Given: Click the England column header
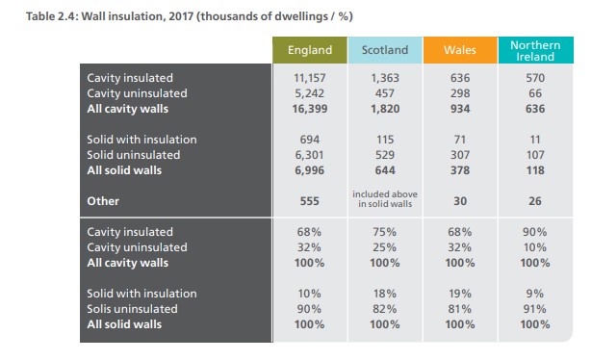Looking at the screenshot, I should [310, 50].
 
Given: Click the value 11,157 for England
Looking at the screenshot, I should [310, 76].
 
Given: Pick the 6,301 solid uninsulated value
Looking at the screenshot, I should [310, 155].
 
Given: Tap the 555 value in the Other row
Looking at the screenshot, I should [310, 201].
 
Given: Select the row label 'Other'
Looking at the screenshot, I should [103, 201].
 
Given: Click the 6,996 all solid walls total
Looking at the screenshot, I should [310, 171].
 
